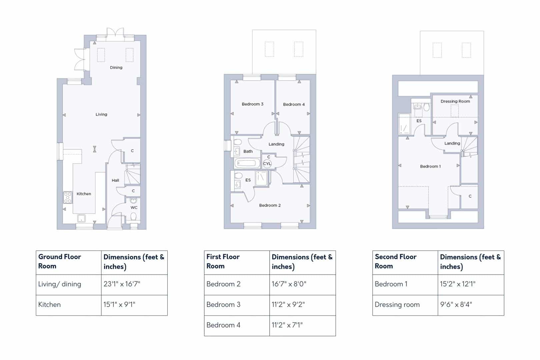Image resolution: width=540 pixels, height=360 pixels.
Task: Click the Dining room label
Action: coord(116,67)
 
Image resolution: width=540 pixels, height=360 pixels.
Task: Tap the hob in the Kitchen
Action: coord(68,197)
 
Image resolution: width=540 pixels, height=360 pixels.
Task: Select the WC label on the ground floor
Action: coord(134,207)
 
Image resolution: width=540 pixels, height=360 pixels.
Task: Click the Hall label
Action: coord(115,180)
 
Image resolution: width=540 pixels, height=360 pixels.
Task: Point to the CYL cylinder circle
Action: coord(267,164)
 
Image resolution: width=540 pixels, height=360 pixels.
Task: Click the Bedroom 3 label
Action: coord(252,104)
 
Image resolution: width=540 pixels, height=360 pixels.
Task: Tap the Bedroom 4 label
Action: coord(294,104)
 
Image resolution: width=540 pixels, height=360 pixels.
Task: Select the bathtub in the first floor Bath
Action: coord(247,163)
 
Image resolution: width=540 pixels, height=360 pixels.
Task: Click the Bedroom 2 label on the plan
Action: coord(270,205)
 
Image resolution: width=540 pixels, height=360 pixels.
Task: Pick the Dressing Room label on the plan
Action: coord(455,101)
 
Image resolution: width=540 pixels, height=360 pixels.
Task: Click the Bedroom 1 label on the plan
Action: coord(430,166)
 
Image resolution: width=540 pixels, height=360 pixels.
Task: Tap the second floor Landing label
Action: coord(452,143)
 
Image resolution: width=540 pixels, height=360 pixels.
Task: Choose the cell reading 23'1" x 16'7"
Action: coord(122,284)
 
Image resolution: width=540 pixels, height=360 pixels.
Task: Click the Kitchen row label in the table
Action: coord(49,305)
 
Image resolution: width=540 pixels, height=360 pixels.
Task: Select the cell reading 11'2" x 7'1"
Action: coord(287,325)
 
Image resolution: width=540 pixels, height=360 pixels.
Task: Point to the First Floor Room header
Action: coord(223,261)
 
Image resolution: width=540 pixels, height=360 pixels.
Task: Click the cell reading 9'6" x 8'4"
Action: coord(456,305)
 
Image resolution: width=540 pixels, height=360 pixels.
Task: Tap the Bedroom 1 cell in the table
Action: coord(391,284)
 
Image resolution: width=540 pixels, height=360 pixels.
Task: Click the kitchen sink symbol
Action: coord(81,219)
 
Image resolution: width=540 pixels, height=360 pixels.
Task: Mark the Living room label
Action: coord(101,114)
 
